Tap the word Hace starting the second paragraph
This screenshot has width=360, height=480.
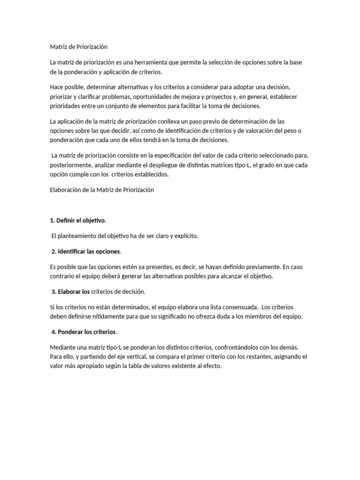[56, 88]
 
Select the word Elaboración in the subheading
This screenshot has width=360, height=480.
[66, 190]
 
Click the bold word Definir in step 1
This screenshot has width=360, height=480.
[66, 220]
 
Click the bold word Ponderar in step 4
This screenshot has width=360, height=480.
[71, 332]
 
